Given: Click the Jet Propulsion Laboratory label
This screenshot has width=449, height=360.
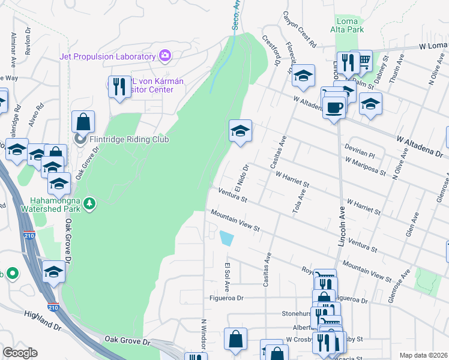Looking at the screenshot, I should pos(107,56).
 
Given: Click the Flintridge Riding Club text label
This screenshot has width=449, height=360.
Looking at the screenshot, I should pos(129,140).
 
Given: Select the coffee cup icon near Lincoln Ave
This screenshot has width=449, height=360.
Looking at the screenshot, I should pos(334,107).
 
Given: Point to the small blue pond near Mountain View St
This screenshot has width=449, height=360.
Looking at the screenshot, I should pos(227,238).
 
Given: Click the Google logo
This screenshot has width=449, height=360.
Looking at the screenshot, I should pos(19,353).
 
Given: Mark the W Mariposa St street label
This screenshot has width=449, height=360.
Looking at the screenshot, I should pos(366,165).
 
